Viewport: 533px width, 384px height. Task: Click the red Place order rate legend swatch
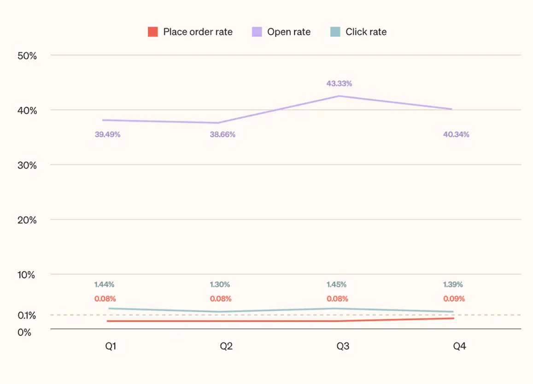(153, 32)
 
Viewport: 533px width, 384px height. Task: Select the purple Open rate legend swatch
(257, 32)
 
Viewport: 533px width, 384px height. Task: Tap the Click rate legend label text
(366, 32)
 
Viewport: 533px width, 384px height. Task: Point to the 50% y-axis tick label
(27, 56)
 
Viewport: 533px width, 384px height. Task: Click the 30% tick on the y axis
(27, 165)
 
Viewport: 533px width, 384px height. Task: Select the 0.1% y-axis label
(27, 315)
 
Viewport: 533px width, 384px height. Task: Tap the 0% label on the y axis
(24, 332)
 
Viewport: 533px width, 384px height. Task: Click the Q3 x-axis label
(343, 346)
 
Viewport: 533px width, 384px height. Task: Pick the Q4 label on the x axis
(459, 346)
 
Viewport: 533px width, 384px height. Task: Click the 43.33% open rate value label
(339, 83)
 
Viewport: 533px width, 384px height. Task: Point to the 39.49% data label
(107, 134)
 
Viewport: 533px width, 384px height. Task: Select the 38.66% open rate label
(223, 134)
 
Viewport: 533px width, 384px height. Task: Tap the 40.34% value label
(456, 134)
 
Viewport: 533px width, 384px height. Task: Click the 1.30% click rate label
(220, 285)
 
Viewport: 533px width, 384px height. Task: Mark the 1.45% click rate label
(336, 285)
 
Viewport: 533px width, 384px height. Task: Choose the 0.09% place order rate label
(454, 299)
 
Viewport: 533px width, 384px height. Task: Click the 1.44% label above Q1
(105, 285)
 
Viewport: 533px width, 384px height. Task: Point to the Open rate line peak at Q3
(340, 96)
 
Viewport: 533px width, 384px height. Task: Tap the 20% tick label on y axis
(27, 220)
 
